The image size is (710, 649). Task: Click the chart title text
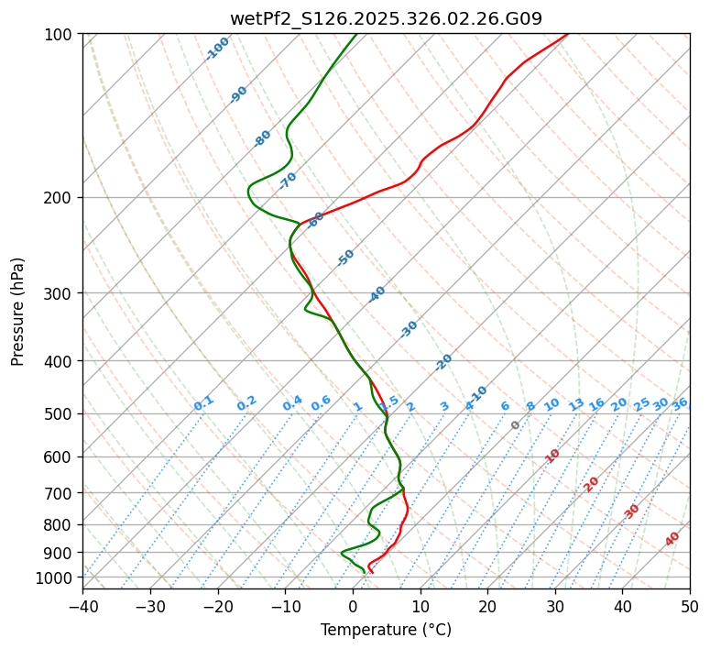pyautogui.click(x=386, y=18)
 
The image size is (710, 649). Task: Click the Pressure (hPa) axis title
pyautogui.click(x=18, y=312)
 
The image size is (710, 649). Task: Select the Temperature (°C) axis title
pyautogui.click(x=386, y=631)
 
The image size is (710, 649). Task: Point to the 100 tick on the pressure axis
pyautogui.click(x=60, y=35)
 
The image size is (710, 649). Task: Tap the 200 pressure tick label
pyautogui.click(x=60, y=198)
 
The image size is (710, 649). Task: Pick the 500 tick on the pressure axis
pyautogui.click(x=60, y=414)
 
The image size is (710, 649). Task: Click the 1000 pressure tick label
pyautogui.click(x=57, y=577)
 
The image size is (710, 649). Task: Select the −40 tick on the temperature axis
pyautogui.click(x=82, y=607)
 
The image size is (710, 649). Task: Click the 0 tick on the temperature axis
pyautogui.click(x=353, y=607)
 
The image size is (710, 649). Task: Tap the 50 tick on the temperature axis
pyautogui.click(x=690, y=607)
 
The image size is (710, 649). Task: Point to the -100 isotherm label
pyautogui.click(x=217, y=49)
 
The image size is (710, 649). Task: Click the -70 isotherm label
pyautogui.click(x=288, y=180)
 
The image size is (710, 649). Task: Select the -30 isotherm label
pyautogui.click(x=409, y=328)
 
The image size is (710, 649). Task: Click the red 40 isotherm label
pyautogui.click(x=672, y=539)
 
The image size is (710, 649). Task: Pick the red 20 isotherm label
pyautogui.click(x=592, y=483)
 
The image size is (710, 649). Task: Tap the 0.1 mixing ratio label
pyautogui.click(x=203, y=403)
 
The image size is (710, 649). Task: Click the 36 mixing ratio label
pyautogui.click(x=680, y=403)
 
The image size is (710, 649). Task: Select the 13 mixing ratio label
pyautogui.click(x=576, y=404)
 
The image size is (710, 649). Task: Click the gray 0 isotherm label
pyautogui.click(x=516, y=425)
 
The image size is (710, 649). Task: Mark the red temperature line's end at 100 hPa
pyautogui.click(x=567, y=34)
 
